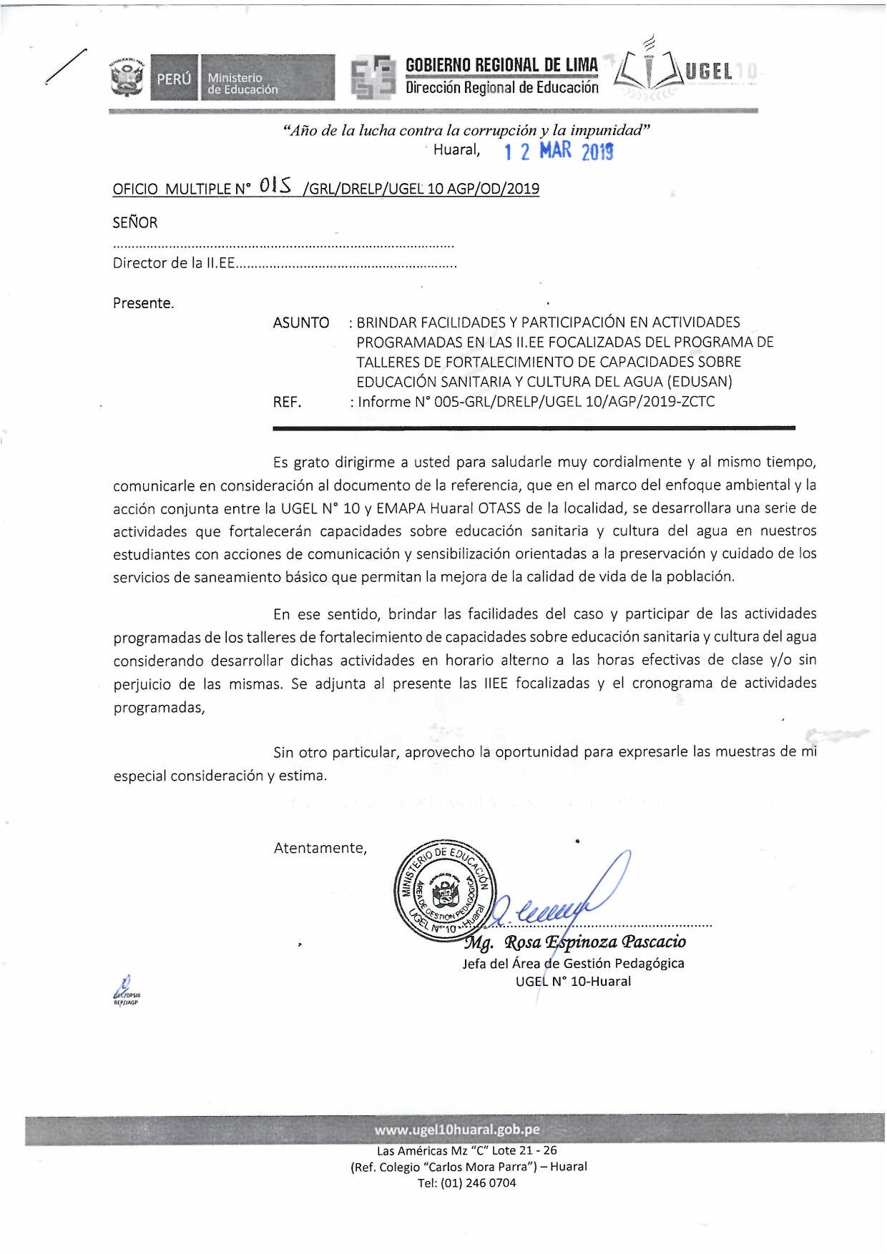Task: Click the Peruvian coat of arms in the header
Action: point(127,77)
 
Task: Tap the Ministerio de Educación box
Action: point(268,77)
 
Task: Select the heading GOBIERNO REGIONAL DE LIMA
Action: point(501,65)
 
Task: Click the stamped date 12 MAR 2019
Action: point(559,151)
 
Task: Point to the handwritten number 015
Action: point(276,187)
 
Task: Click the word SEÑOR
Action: point(134,222)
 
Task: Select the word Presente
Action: point(143,303)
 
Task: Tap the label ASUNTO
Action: point(300,322)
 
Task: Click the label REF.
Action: point(287,402)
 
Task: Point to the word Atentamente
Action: point(320,848)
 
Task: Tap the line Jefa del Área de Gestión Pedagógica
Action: point(573,963)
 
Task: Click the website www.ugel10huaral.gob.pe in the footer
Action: point(457,1130)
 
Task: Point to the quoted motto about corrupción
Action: point(466,130)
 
